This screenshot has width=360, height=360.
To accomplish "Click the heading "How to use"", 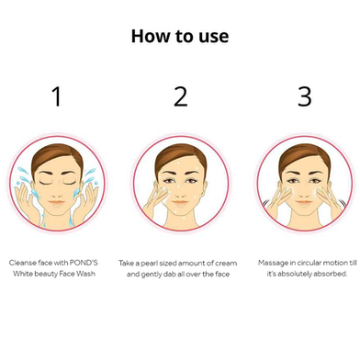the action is pyautogui.click(x=180, y=36).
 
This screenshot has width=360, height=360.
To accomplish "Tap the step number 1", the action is pyautogui.click(x=57, y=96).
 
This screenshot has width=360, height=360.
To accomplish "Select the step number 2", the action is pyautogui.click(x=181, y=96).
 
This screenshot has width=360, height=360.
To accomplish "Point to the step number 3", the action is pyautogui.click(x=305, y=96).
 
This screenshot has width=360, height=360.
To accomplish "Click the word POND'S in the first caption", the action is pyautogui.click(x=84, y=263).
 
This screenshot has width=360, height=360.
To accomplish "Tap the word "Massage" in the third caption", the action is pyautogui.click(x=269, y=264).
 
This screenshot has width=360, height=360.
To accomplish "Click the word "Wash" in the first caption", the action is pyautogui.click(x=85, y=274).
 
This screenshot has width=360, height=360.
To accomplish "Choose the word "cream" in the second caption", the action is pyautogui.click(x=226, y=264).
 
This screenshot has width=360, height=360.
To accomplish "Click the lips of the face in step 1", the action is pyautogui.click(x=57, y=202).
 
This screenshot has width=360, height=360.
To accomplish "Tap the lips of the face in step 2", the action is pyautogui.click(x=180, y=202).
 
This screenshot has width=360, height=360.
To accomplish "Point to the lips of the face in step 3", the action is pyautogui.click(x=304, y=202).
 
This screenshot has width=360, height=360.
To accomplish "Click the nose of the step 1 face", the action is pyautogui.click(x=57, y=192).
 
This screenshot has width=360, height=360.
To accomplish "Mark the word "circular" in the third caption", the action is pyautogui.click(x=309, y=263).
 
